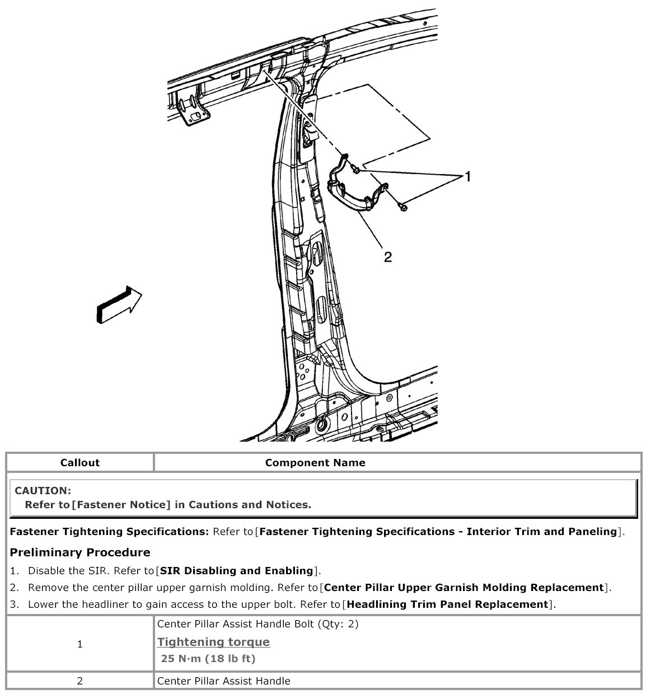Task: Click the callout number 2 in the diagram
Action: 387,257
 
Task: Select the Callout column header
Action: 79,463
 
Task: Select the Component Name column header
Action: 315,463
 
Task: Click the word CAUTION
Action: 43,491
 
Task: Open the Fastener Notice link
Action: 121,505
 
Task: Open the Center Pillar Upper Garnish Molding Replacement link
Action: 464,588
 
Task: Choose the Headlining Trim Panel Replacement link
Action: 446,604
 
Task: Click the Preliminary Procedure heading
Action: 80,552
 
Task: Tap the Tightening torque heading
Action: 213,642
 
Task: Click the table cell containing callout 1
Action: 79,644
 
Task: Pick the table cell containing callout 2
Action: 79,681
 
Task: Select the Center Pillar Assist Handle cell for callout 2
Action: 224,681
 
